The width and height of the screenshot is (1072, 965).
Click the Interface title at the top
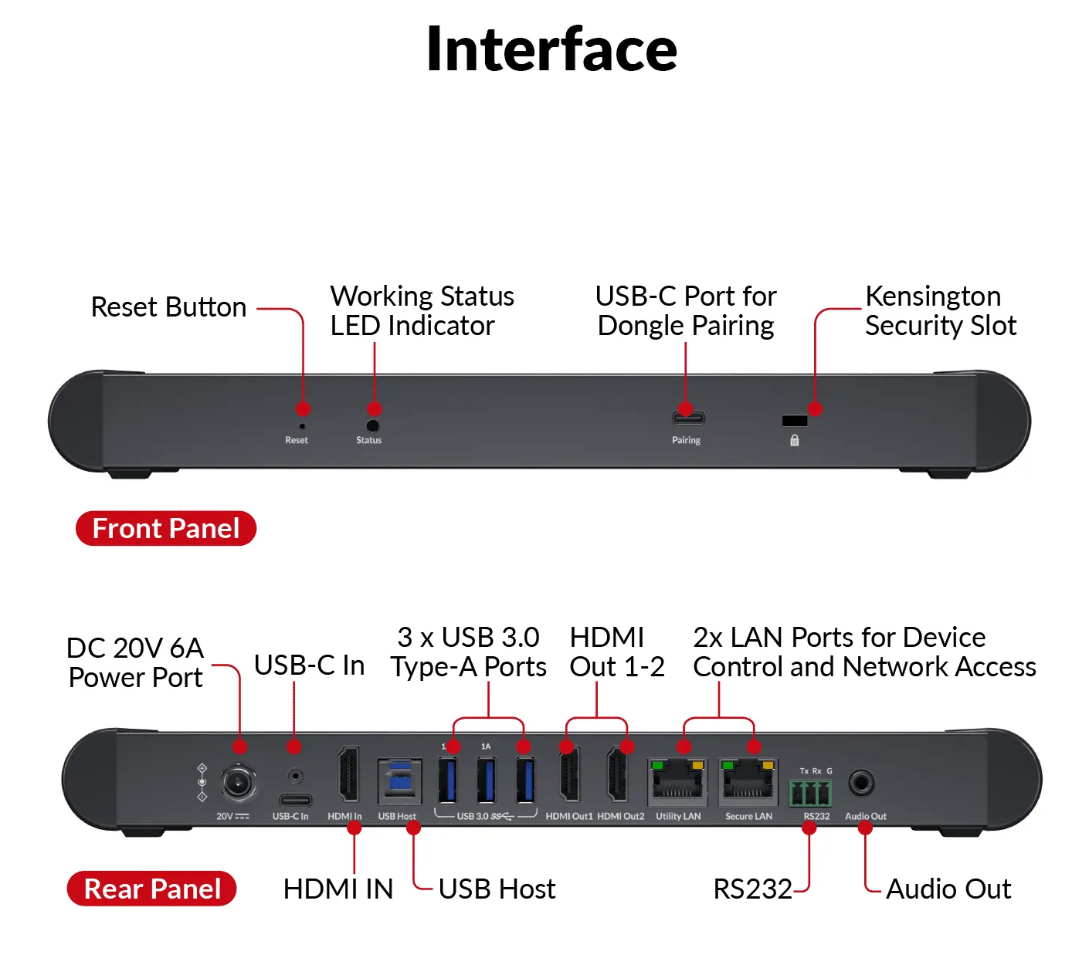tap(551, 49)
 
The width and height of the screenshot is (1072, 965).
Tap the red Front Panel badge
tap(165, 528)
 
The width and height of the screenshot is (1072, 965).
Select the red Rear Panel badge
tap(152, 889)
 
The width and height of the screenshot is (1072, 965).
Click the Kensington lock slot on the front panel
tap(794, 421)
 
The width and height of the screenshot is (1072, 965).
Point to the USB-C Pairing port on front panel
tap(687, 418)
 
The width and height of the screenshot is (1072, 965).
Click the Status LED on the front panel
tap(372, 425)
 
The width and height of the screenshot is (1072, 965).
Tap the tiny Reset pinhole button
tap(302, 426)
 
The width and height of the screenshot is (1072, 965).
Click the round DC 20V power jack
tap(239, 784)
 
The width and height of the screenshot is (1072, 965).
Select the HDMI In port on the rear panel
tap(348, 775)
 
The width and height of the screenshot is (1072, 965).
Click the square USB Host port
tap(399, 781)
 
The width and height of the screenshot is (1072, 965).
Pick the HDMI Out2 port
tap(618, 775)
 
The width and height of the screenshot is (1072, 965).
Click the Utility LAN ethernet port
tap(677, 781)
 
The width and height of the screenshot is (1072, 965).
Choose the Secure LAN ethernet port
tap(748, 781)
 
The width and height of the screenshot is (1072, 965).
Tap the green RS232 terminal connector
tap(809, 793)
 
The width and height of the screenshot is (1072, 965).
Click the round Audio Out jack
tap(861, 783)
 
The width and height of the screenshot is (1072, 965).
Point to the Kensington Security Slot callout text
tap(940, 310)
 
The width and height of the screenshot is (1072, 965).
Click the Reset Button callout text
tap(168, 307)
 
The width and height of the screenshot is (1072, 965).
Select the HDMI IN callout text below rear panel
tap(338, 889)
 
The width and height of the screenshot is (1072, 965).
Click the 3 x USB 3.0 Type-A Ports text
tap(468, 652)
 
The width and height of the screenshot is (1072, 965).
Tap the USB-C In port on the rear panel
tap(294, 799)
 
